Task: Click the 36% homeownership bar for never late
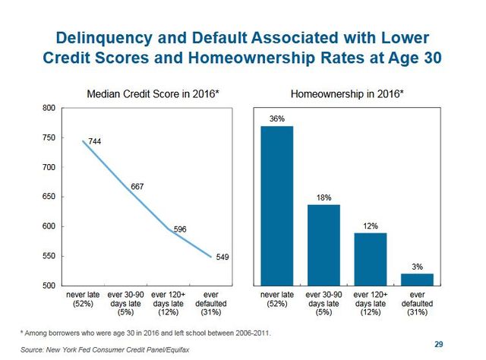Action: tap(276, 205)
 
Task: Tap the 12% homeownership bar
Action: tap(370, 259)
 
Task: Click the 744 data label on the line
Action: tap(95, 142)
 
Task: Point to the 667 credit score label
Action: tap(137, 186)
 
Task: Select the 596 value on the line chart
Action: tap(180, 229)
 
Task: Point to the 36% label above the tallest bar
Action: tap(276, 118)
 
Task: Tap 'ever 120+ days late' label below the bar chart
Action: tap(370, 302)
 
